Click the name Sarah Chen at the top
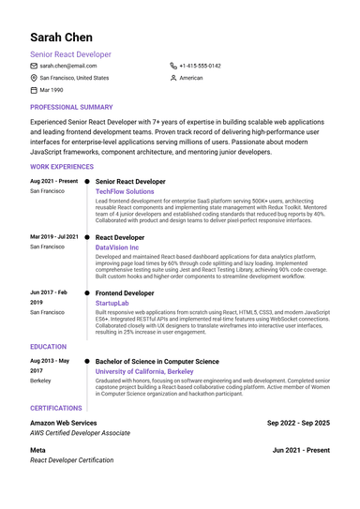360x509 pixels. [61, 37]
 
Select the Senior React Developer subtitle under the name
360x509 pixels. [70, 55]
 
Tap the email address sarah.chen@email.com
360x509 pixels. [67, 67]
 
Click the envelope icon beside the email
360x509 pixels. [34, 67]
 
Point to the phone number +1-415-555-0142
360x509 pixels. [201, 67]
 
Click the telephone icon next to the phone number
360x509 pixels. [173, 67]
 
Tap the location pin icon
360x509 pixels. [34, 79]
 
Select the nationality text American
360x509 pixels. [191, 79]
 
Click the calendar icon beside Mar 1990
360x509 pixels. [34, 91]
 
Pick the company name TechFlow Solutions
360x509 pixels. [125, 191]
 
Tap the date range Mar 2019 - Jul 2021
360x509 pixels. [54, 237]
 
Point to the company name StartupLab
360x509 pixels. [112, 304]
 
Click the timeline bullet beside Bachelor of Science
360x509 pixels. [87, 361]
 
